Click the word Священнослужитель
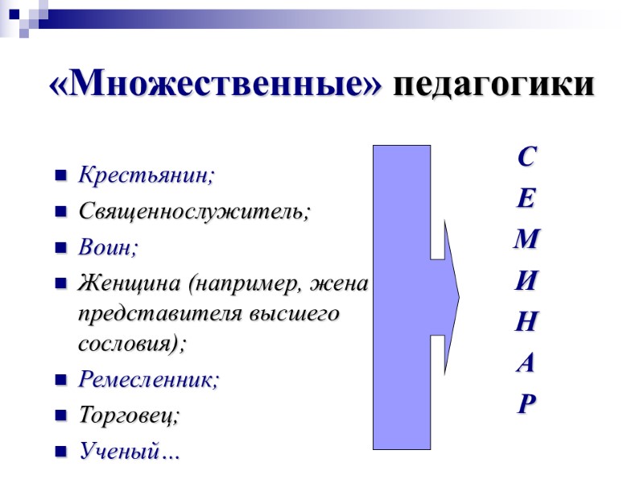click(193, 212)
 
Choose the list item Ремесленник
click(147, 381)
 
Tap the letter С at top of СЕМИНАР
click(525, 158)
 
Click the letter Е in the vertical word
click(525, 198)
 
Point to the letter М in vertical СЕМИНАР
click(526, 240)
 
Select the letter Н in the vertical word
click(525, 323)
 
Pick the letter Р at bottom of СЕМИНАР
click(525, 404)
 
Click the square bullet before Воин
click(60, 249)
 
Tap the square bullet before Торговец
click(60, 418)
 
